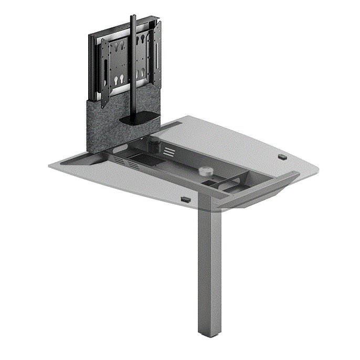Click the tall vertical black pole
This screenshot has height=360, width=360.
(x=133, y=68)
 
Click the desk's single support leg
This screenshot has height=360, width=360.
(x=208, y=268)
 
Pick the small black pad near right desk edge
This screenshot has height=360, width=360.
(x=282, y=156)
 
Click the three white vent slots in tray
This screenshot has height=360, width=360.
(x=168, y=151)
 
